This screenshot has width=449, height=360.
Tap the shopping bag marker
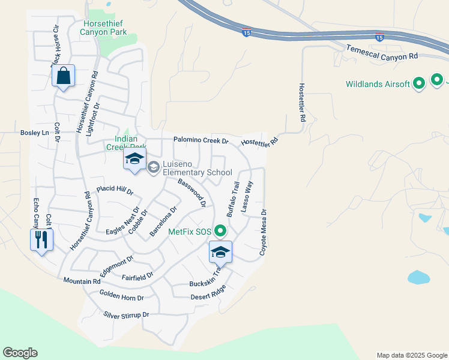[63, 76]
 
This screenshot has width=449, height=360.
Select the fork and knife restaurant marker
[41, 239]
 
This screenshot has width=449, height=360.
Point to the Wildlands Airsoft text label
[378, 84]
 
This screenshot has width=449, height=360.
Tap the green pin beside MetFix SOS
[221, 230]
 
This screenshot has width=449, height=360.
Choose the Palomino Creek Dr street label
[201, 140]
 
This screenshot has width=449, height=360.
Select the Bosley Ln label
[34, 133]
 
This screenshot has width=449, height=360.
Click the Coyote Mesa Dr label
[263, 233]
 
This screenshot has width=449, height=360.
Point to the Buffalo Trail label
[232, 199]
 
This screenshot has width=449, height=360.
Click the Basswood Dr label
[192, 193]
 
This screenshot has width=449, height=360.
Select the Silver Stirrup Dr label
[125, 314]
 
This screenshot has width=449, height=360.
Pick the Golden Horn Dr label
[122, 297]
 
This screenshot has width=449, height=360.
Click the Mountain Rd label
[82, 281]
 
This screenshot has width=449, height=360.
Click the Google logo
[20, 353]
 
